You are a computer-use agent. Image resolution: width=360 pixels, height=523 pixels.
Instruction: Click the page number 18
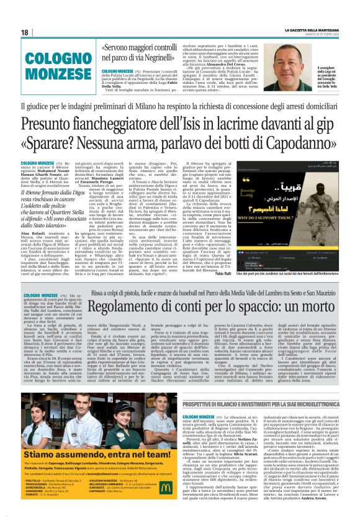point(25,32)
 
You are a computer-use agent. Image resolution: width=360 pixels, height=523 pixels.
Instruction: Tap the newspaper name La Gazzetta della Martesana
point(317,29)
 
